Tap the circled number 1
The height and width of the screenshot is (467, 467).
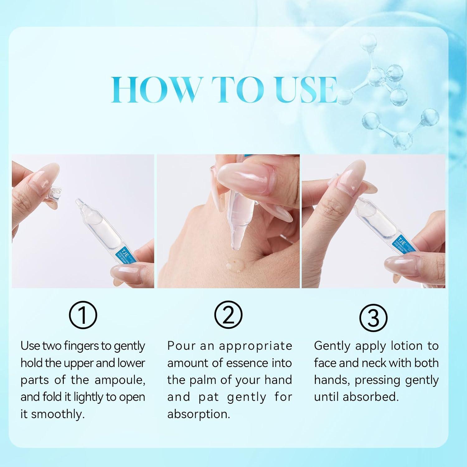(83, 315)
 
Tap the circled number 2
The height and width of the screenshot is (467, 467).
(229, 315)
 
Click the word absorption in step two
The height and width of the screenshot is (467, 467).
(199, 414)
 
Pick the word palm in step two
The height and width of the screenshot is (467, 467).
(203, 380)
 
